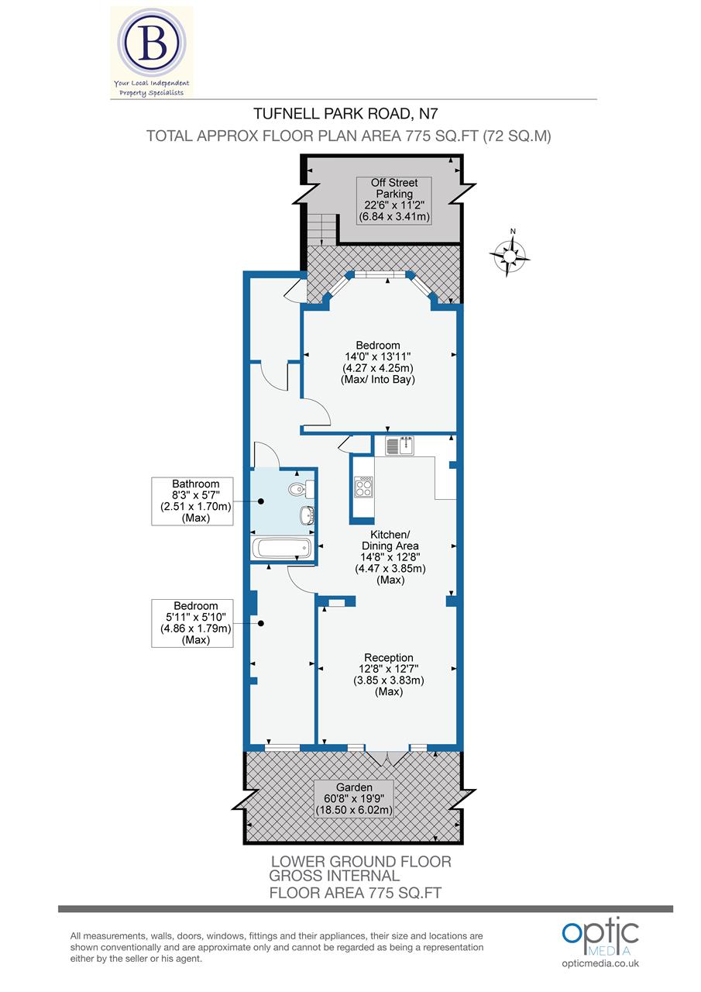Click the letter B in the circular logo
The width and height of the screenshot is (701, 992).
tap(151, 44)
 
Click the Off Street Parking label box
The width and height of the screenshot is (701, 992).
tap(394, 199)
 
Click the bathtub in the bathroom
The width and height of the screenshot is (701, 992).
tap(282, 549)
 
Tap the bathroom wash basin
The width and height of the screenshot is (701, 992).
tap(306, 515)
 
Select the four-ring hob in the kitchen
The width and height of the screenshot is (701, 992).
tap(363, 487)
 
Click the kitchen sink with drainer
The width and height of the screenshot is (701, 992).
tap(400, 445)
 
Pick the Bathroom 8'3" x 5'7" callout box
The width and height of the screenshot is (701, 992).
tap(191, 501)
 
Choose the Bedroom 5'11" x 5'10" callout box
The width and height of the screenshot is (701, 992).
tap(191, 623)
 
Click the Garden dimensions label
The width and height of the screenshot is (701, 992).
tap(354, 799)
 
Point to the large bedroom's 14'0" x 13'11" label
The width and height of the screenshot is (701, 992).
tap(378, 362)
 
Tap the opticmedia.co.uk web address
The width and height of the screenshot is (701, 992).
tap(600, 963)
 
